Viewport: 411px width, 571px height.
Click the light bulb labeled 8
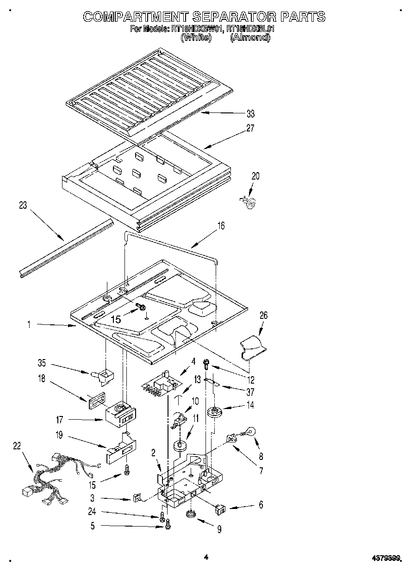pyautogui.click(x=250, y=432)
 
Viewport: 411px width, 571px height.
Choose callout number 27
pyautogui.click(x=250, y=129)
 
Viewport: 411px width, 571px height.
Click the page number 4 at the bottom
pyautogui.click(x=206, y=558)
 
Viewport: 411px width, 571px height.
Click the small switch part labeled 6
pyautogui.click(x=220, y=510)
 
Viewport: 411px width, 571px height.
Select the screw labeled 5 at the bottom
pyautogui.click(x=168, y=525)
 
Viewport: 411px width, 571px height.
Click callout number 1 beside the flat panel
pyautogui.click(x=29, y=325)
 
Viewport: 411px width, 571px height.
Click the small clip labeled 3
pyautogui.click(x=137, y=498)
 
